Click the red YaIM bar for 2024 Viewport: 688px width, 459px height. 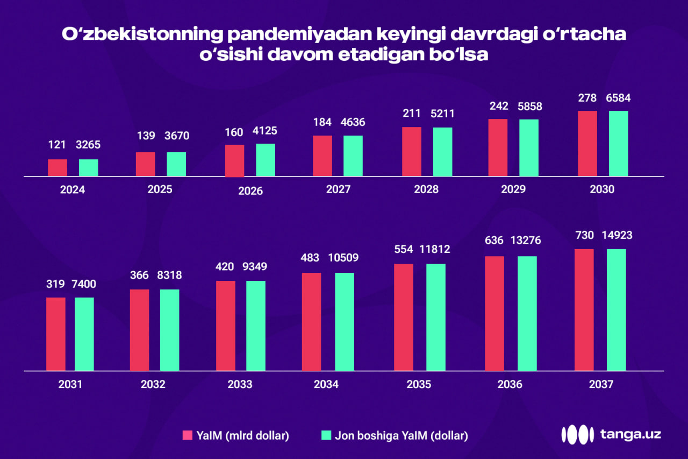pos(58,168)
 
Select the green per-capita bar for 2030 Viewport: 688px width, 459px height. pos(618,144)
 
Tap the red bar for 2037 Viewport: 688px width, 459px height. pos(584,310)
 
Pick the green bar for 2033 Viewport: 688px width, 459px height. pos(256,326)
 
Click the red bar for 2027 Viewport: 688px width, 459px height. pos(322,156)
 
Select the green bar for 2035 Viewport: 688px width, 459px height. pos(436,317)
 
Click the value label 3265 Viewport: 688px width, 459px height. pos(89,145)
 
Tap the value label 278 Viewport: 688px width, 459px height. pos(587,98)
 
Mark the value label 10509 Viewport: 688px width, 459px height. pos(343,258)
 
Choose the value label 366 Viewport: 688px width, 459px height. pos(139,275)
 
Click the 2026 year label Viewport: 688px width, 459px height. pos(250,191)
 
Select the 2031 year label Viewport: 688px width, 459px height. pos(70,385)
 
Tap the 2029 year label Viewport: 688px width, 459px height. pos(513,189)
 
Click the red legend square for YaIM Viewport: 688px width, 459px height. pos(188,435)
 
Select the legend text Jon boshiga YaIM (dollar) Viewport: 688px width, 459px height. pos(401,435)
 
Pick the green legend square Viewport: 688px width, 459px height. pos(326,435)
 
